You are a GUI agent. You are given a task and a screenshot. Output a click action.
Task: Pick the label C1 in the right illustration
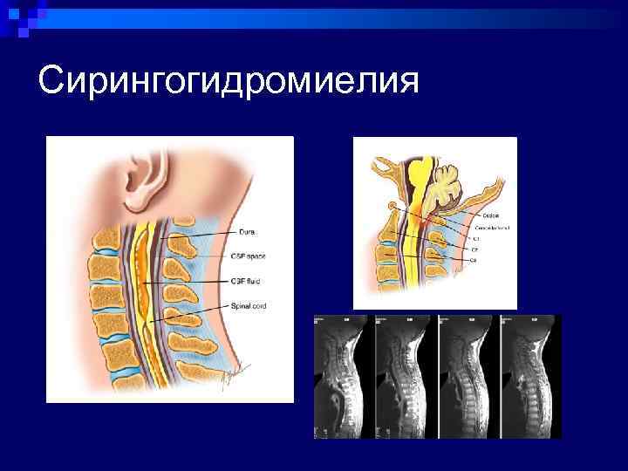coord(476,237)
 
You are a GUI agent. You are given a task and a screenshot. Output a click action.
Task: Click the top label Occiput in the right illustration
coord(481,215)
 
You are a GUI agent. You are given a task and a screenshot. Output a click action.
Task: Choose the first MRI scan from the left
coord(342,376)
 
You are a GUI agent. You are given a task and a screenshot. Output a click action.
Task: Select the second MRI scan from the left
coord(404,376)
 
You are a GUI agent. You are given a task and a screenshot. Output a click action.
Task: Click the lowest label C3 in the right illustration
coord(474,260)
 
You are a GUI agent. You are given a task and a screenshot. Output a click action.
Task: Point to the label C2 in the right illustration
coord(475,249)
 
